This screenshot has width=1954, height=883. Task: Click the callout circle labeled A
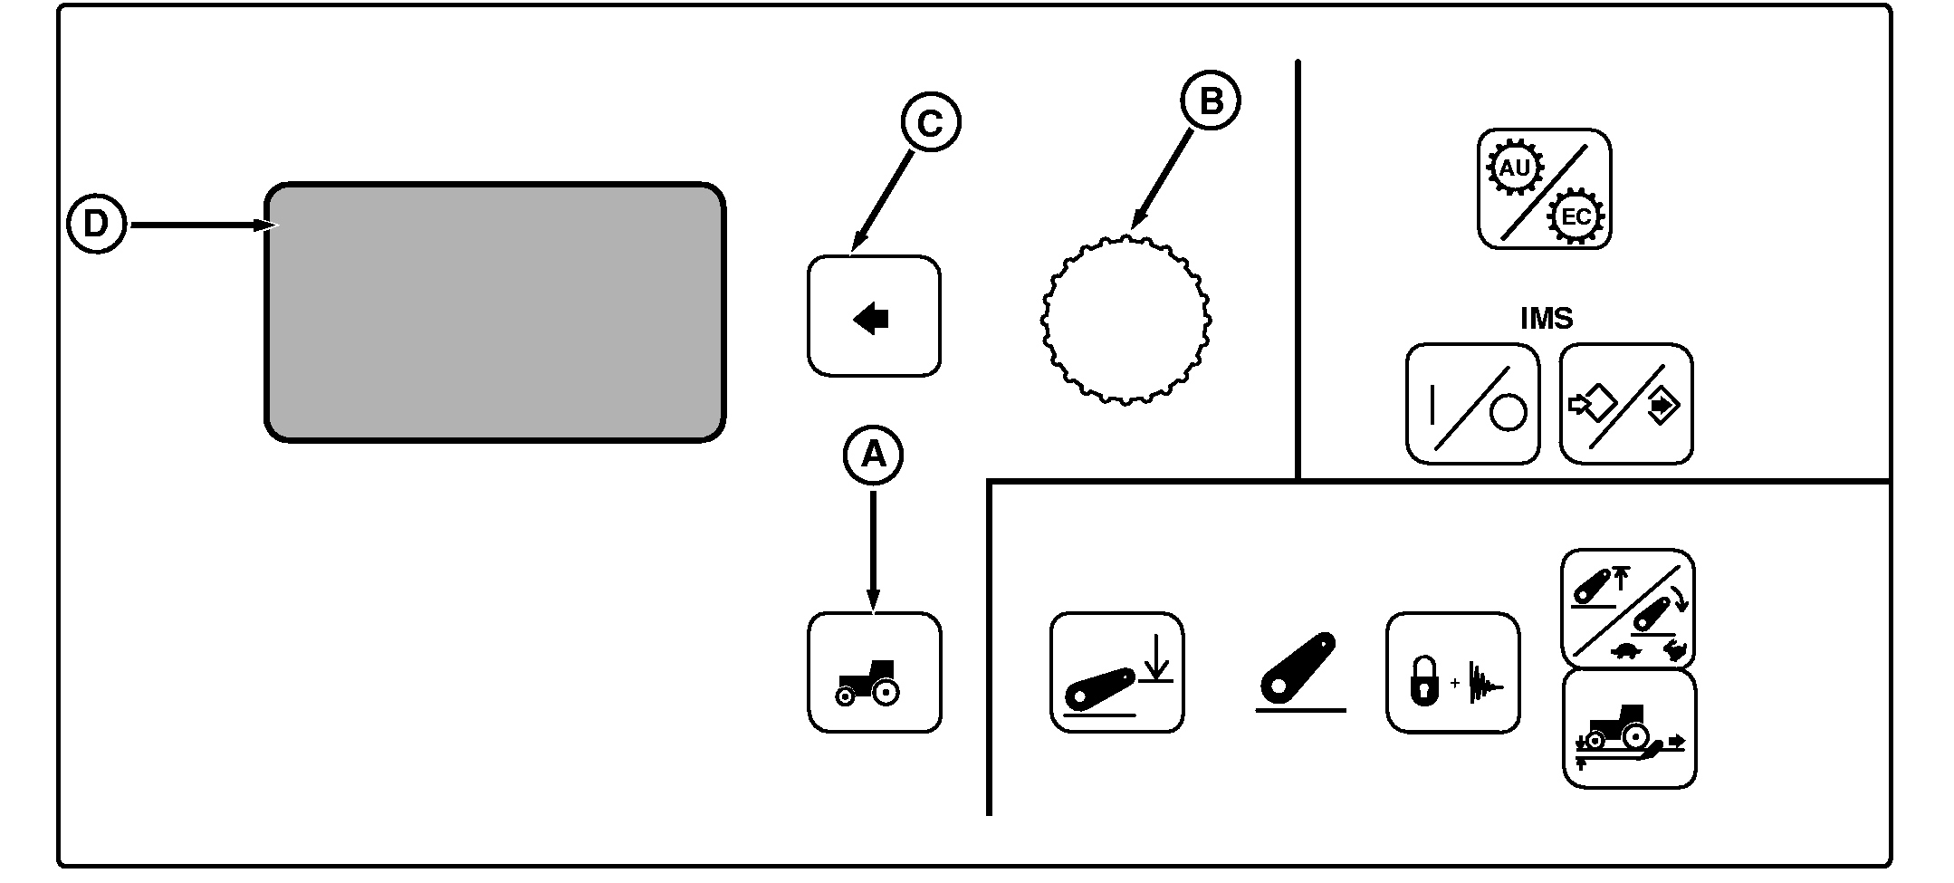point(873,455)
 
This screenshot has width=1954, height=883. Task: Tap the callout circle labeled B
point(1211,101)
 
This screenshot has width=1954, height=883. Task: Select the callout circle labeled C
point(931,123)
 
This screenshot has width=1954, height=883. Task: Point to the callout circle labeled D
point(96,224)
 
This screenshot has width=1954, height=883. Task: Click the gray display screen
point(494,312)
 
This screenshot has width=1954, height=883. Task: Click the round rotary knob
point(1125,319)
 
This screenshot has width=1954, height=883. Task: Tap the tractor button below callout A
point(874,672)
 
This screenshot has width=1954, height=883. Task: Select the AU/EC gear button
point(1544,189)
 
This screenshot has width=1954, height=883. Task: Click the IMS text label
point(1546,319)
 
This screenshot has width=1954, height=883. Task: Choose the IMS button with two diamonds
point(1626,404)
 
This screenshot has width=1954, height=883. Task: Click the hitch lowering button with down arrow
point(1116,672)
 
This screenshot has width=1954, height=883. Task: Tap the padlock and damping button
point(1452,673)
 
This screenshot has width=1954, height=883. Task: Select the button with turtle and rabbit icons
point(1627,608)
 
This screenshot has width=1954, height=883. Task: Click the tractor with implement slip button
point(1629,729)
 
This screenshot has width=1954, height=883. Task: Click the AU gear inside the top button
point(1515,168)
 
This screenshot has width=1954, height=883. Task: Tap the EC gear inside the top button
point(1575,216)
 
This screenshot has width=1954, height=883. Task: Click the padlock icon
point(1424,682)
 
